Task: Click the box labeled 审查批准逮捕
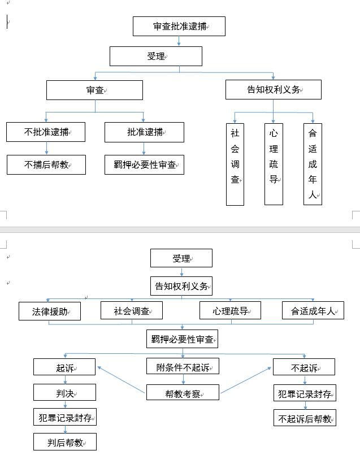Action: click(179, 27)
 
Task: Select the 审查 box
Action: click(94, 90)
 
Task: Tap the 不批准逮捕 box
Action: click(46, 132)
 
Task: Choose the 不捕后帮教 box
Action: click(46, 165)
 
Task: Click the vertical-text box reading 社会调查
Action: click(235, 164)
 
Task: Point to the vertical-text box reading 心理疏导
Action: click(274, 164)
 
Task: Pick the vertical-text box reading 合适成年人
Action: click(313, 164)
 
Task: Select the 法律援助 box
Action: click(49, 311)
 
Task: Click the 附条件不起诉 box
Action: click(183, 366)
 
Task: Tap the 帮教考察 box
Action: click(183, 393)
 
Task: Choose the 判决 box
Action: click(64, 392)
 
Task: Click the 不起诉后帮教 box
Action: click(305, 418)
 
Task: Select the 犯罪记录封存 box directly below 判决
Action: click(64, 418)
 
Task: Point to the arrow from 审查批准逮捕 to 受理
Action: click(179, 41)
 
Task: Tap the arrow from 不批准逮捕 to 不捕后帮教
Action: click(46, 148)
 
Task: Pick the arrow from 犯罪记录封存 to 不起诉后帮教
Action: click(305, 405)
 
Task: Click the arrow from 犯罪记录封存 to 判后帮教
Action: click(64, 430)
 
